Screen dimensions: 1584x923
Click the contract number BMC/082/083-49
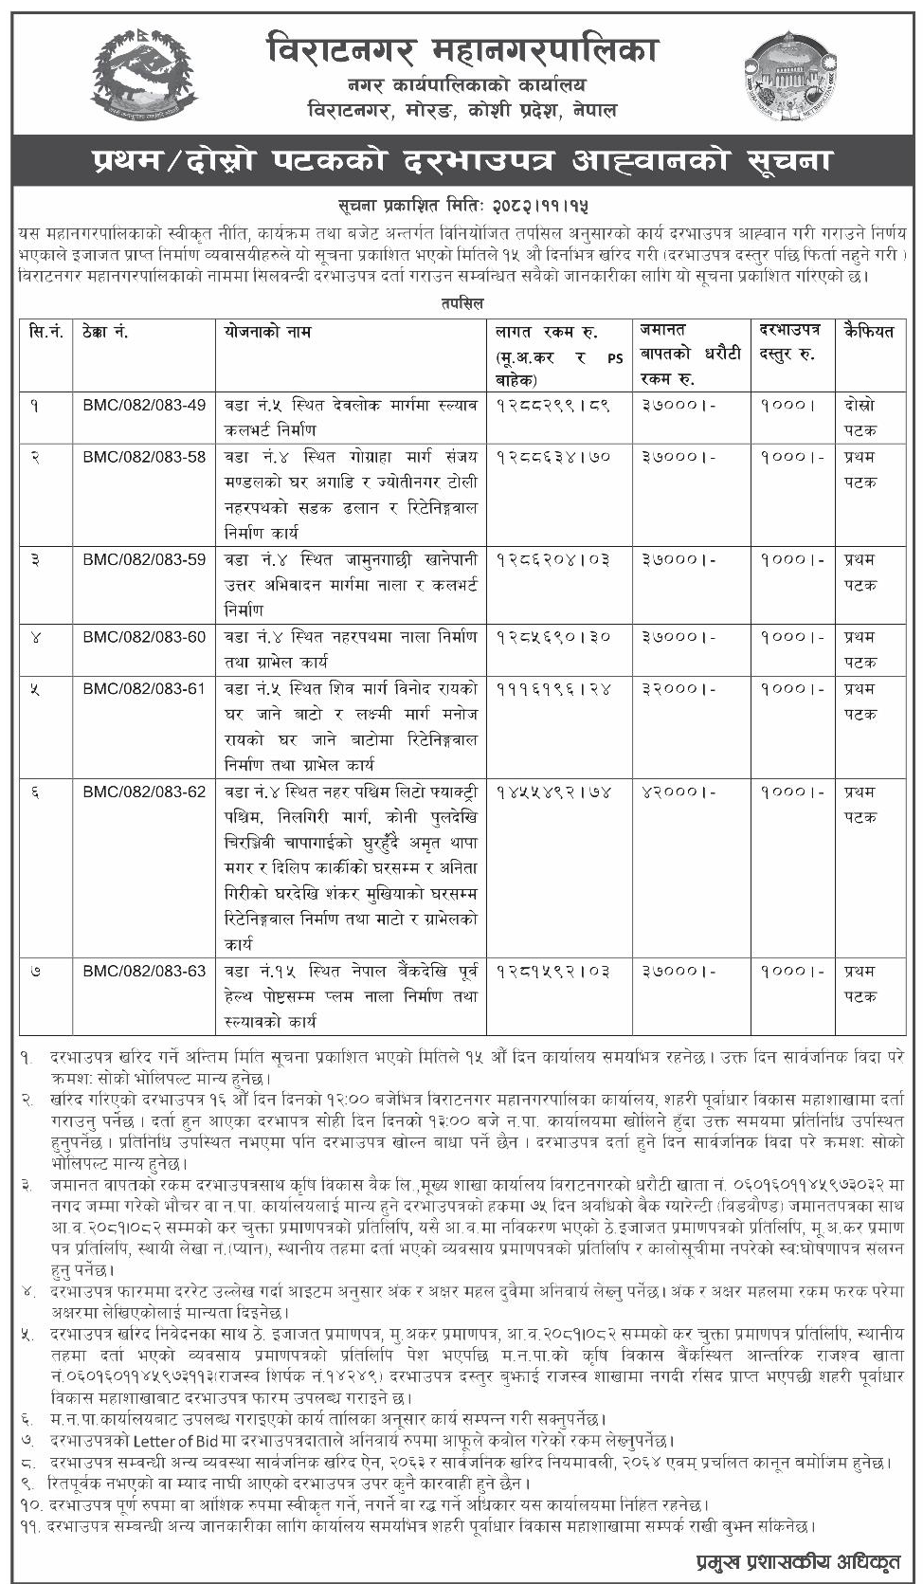tap(144, 405)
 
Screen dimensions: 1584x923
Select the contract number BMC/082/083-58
tap(144, 457)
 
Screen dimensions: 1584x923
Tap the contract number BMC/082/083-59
tap(144, 559)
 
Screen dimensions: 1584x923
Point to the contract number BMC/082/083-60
tap(144, 636)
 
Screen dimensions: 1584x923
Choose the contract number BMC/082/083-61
tap(144, 688)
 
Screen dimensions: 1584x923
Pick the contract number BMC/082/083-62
tap(144, 791)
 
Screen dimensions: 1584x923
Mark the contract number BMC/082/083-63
tap(144, 971)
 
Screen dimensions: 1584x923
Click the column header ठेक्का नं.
tap(105, 333)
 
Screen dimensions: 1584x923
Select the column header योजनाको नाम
tap(267, 332)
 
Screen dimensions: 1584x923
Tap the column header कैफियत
tap(867, 332)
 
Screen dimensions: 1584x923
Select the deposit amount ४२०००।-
tap(679, 792)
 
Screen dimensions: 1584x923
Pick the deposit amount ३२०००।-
tap(679, 689)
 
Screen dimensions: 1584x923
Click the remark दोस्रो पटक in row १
tap(860, 417)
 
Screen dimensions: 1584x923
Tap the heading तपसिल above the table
tap(461, 303)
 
